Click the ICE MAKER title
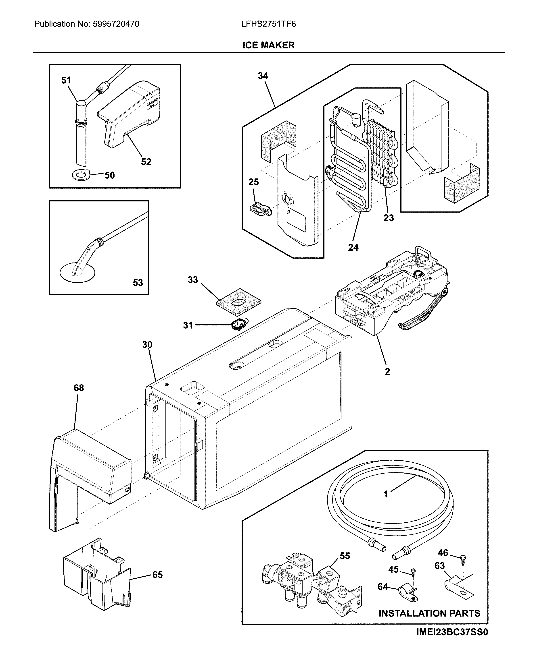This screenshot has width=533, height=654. [268, 45]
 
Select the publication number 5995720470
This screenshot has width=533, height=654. [115, 24]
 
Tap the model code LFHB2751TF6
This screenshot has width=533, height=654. [268, 24]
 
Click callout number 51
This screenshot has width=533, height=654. [66, 80]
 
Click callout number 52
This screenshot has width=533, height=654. [146, 162]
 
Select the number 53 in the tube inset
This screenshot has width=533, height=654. [138, 283]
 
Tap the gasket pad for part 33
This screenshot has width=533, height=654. [238, 302]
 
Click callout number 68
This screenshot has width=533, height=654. [79, 388]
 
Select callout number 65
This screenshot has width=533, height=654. [157, 575]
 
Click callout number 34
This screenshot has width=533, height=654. [263, 76]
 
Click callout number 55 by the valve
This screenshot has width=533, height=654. [345, 556]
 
